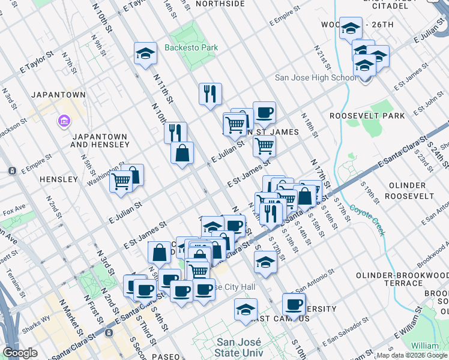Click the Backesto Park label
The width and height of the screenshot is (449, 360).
tap(191, 47)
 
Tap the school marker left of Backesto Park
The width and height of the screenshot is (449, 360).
tap(145, 55)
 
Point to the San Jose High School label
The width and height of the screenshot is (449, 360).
tap(316, 77)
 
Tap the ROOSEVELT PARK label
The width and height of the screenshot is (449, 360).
tap(367, 116)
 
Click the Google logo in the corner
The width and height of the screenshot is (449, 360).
tap(20, 353)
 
